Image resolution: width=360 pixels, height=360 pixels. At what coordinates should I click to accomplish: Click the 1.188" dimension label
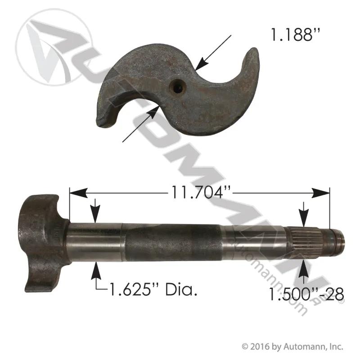(x=295, y=35)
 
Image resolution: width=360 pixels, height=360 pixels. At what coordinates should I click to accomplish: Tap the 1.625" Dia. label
(x=153, y=289)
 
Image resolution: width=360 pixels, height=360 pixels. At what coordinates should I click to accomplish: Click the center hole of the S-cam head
(x=177, y=86)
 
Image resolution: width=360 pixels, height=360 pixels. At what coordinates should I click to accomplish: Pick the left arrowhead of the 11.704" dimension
(x=78, y=193)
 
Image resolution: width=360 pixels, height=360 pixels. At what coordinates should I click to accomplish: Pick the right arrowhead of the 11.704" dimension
(x=320, y=193)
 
